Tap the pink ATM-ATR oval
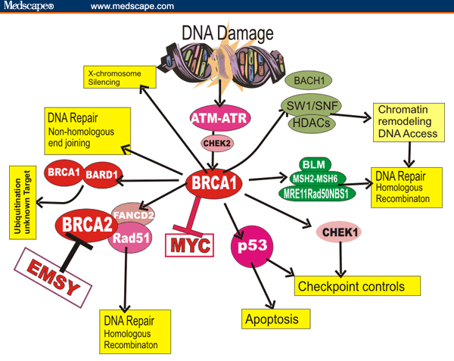pos(218,119)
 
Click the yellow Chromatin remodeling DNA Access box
pos(406,119)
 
